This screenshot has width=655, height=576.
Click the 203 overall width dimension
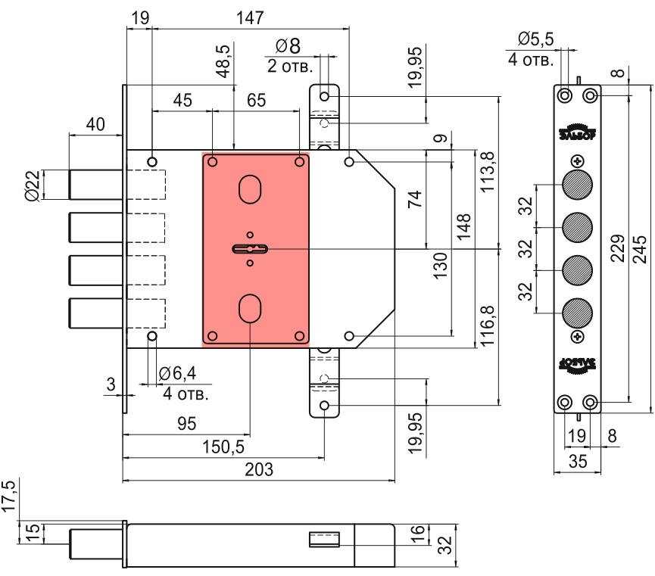point(260,469)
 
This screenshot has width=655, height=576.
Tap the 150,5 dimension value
point(223,447)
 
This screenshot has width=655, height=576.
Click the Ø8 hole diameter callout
point(290,48)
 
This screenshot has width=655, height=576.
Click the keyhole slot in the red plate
point(250,248)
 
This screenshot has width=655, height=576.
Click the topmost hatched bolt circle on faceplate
point(578,185)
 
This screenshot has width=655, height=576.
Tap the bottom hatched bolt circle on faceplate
point(578,312)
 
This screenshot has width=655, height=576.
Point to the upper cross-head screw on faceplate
point(578,161)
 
